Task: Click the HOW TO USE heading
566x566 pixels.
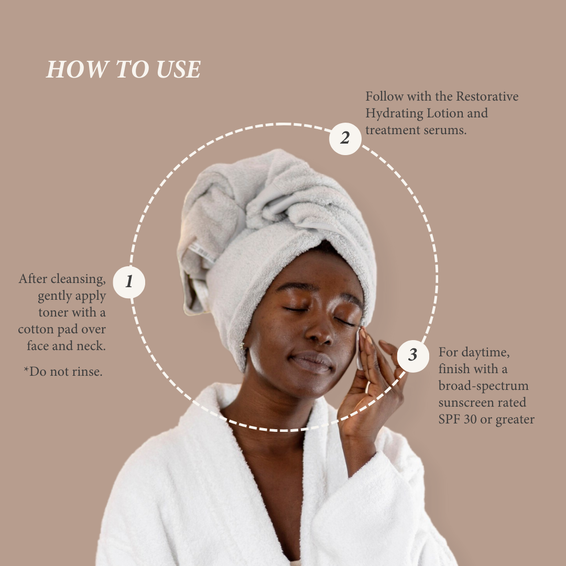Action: pos(124,70)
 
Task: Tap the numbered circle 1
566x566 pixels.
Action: pos(129,282)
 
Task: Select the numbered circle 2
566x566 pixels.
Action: pos(345,138)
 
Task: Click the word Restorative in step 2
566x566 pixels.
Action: pos(487,96)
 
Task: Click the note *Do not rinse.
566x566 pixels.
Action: pos(63,372)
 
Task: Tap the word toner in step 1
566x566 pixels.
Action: pos(53,313)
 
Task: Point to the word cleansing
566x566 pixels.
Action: pos(79,278)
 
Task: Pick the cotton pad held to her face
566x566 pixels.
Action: pos(358,349)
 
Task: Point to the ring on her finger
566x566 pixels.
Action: pos(367,387)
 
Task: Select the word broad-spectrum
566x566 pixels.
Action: pos(483,386)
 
